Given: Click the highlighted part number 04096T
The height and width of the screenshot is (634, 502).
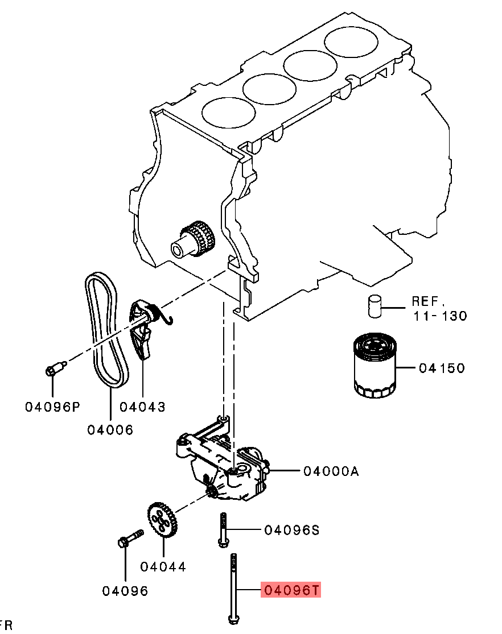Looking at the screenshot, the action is [291, 591].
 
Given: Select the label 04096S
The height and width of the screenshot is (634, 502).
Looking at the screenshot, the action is [291, 530].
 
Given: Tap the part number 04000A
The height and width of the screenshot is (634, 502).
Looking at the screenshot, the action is [331, 471].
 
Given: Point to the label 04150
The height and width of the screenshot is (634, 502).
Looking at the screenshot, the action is [442, 368].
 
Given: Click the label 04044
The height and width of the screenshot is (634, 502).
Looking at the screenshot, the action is [163, 567].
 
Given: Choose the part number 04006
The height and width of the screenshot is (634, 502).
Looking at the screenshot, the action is [110, 430].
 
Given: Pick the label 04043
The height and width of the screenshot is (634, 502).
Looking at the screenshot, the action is [142, 407].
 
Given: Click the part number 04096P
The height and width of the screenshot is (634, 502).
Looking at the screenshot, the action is [52, 407].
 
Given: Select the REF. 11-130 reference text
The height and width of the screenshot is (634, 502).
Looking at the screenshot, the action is [439, 309].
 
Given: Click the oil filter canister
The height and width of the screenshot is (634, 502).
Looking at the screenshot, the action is [375, 365].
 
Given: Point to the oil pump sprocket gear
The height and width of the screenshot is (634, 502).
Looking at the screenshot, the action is [163, 520].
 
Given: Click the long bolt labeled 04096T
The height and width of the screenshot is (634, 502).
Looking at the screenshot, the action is [233, 588].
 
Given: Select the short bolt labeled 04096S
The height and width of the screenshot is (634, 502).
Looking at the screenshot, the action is [223, 530].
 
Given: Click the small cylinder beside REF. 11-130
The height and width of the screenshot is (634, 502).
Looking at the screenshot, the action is [375, 306].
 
